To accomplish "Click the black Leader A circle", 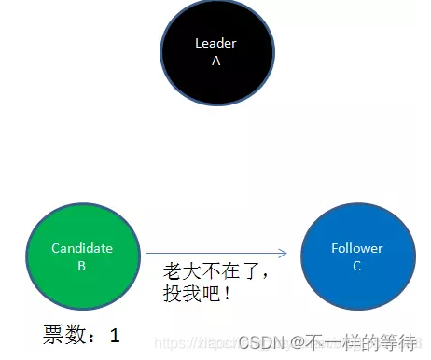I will coord(216,51).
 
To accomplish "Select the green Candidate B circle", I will coord(81,256).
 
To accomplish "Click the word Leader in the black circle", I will coord(215,43).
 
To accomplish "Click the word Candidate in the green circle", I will coord(82,248).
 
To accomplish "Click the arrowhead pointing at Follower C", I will coord(284,253).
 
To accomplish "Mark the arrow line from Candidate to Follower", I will coord(215,253).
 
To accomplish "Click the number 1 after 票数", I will coord(115,334).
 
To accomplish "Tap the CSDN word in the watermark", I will coord(260,341).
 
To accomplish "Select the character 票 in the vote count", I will coord(54,334).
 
